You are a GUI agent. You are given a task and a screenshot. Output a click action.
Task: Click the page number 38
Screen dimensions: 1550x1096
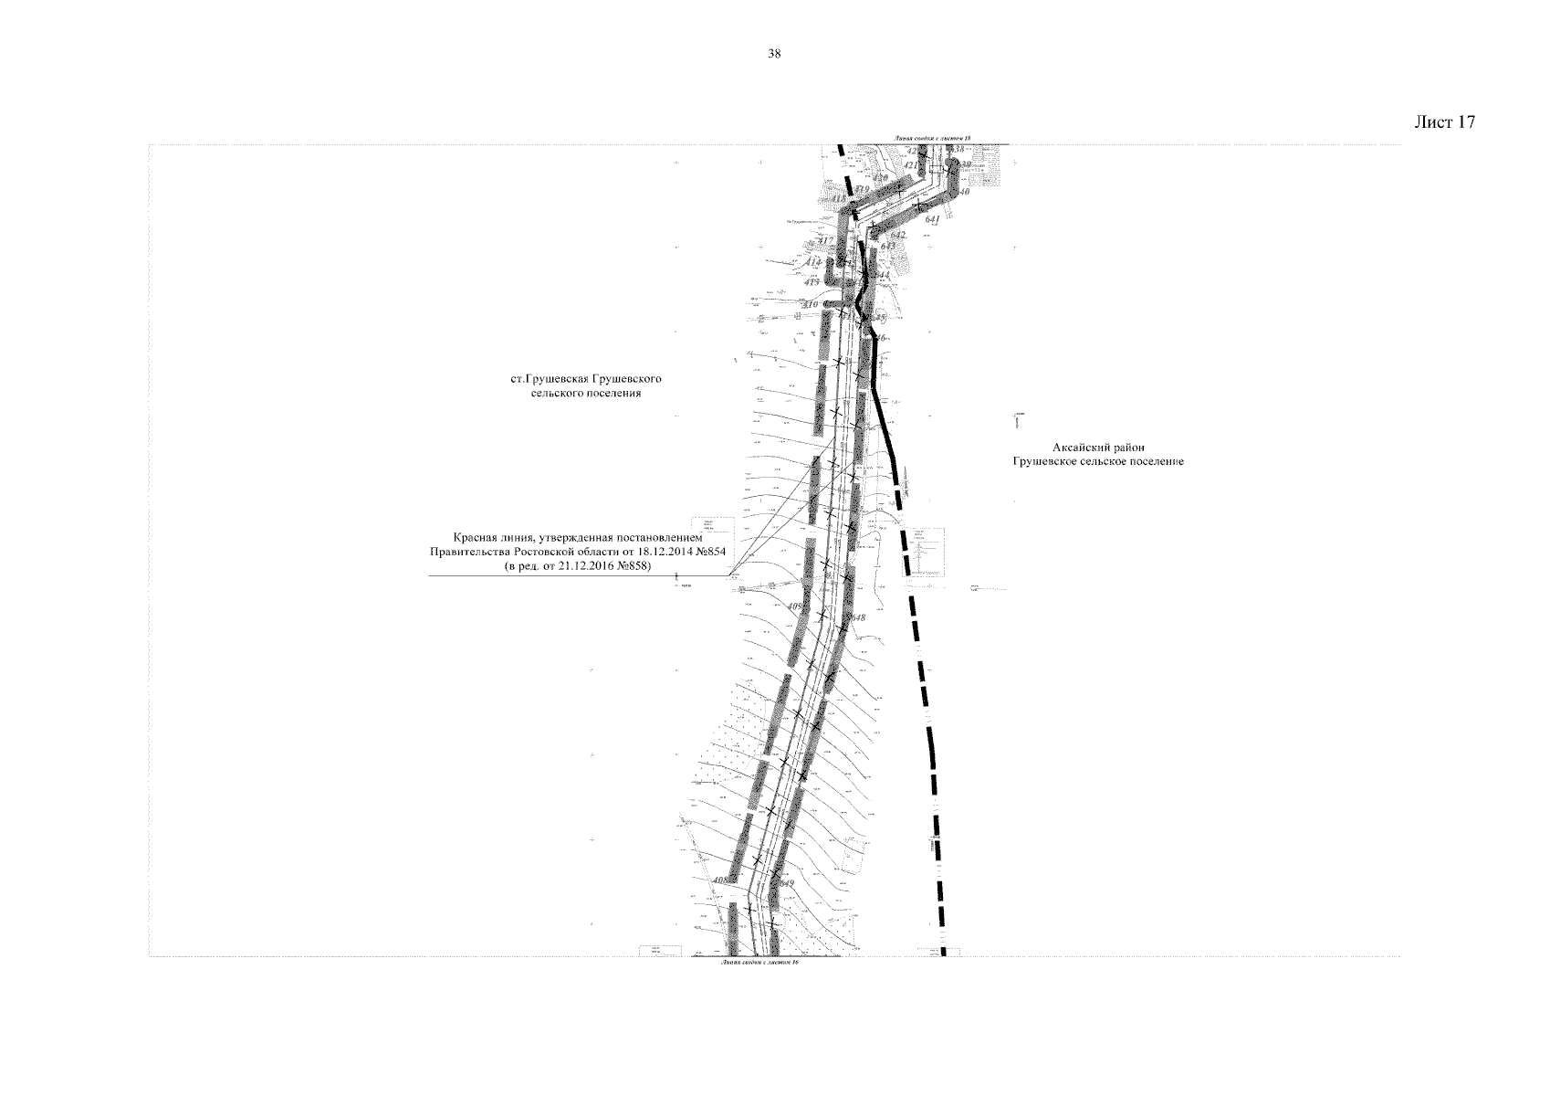tap(774, 54)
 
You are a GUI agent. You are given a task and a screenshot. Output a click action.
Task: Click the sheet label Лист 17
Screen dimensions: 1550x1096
tap(1444, 122)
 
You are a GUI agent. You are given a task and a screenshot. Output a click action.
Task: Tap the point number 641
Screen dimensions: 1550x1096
tap(932, 219)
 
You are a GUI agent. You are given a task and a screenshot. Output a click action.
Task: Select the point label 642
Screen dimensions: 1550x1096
tap(898, 235)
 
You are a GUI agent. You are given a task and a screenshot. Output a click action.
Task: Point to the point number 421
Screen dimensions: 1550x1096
tap(911, 165)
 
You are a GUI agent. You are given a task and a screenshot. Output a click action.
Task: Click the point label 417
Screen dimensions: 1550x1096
tap(826, 240)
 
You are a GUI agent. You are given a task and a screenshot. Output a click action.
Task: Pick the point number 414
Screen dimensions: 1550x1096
tap(813, 262)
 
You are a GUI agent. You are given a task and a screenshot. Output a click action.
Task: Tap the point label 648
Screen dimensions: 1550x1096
tap(856, 618)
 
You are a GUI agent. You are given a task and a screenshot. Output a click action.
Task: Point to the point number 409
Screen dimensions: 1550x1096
tap(796, 606)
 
